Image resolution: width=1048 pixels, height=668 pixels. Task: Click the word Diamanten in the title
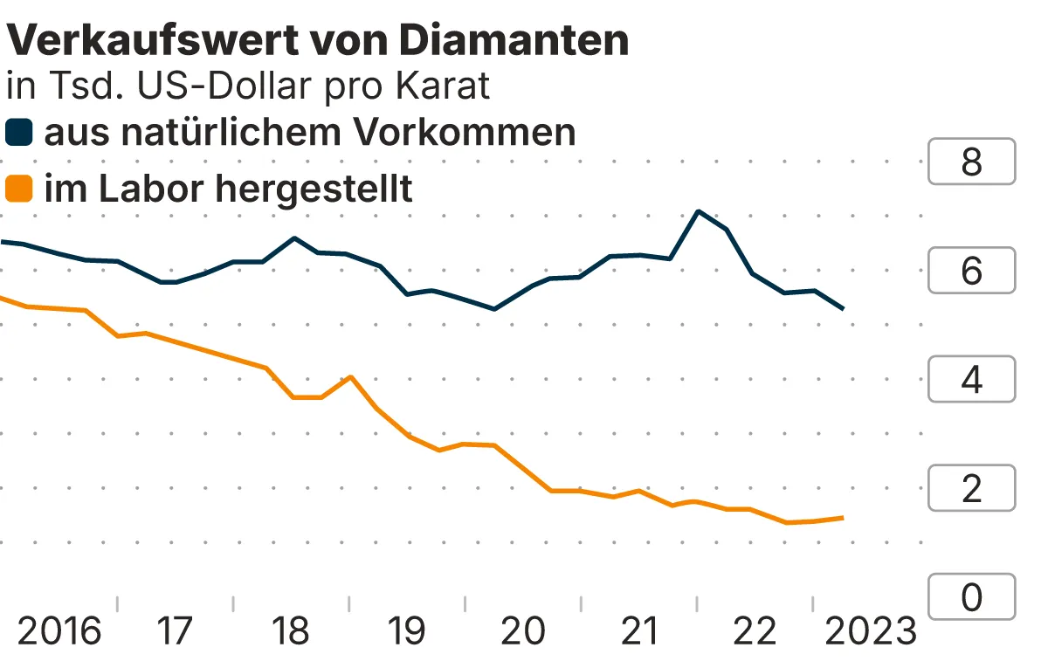click(x=514, y=40)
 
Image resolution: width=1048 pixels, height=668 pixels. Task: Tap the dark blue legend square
click(x=19, y=134)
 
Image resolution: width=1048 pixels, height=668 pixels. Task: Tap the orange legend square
click(x=19, y=189)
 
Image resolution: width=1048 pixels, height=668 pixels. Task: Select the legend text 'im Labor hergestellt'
click(x=228, y=189)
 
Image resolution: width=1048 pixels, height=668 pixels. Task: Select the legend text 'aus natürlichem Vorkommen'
click(x=310, y=133)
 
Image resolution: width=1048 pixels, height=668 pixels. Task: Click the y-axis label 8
click(x=971, y=162)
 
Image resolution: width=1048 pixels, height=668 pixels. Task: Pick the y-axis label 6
click(x=971, y=271)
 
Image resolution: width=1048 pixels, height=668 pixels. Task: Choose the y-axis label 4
click(x=971, y=380)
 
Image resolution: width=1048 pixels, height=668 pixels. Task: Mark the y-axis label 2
click(x=971, y=488)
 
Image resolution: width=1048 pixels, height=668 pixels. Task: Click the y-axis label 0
click(x=971, y=597)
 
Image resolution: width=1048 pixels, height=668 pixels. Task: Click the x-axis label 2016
click(x=59, y=631)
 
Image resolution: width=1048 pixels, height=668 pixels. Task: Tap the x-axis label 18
click(x=290, y=631)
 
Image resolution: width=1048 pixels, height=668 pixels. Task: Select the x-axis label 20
click(x=523, y=631)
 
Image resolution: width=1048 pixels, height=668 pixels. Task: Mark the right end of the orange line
click(x=843, y=518)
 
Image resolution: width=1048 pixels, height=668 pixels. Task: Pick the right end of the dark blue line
click(x=843, y=308)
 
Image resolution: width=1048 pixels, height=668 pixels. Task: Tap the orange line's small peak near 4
click(x=350, y=377)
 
